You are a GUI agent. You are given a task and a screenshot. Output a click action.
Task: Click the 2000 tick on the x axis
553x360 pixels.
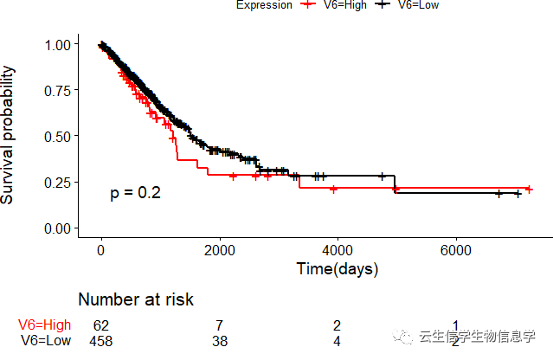[220, 250]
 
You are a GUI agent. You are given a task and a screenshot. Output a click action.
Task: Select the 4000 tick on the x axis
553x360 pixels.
[338, 250]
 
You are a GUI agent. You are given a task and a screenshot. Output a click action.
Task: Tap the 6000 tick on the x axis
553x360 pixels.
[456, 250]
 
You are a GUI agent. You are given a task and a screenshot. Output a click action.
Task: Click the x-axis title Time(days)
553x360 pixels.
[338, 269]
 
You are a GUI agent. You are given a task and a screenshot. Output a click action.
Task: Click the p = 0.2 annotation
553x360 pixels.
[135, 193]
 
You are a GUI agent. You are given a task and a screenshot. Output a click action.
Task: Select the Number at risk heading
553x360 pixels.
[136, 300]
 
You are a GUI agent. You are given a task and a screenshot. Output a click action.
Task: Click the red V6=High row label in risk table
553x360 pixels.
[45, 325]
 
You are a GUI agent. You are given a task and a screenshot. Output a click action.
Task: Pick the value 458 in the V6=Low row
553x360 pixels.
[101, 341]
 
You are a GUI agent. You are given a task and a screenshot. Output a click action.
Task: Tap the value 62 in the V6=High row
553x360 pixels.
[101, 325]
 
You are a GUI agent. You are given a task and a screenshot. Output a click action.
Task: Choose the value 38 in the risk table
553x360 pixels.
[220, 341]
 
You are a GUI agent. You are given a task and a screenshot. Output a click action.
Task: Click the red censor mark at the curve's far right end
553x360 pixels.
[529, 189]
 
